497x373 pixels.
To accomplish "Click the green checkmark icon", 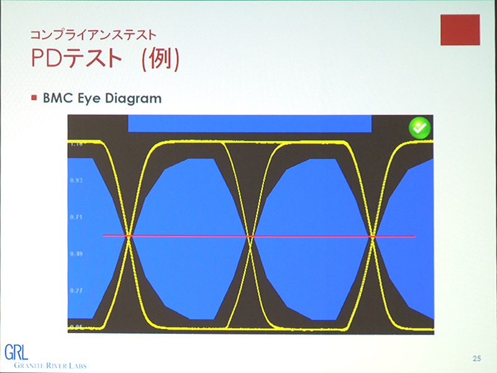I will (419, 128).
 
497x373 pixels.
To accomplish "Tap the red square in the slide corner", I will (460, 30).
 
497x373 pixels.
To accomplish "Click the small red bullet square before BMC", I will (35, 98).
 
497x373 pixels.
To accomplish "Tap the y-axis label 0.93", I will (76, 180).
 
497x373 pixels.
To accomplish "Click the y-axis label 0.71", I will (76, 217).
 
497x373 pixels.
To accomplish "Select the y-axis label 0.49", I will (76, 254).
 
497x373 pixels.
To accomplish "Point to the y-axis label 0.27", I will (76, 290).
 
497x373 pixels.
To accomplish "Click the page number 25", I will (476, 358).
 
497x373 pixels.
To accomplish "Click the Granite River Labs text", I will (45, 366).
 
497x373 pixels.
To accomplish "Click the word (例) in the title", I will (161, 58).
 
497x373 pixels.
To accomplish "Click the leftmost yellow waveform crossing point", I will (129, 236).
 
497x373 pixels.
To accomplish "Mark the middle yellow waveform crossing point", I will (251, 236).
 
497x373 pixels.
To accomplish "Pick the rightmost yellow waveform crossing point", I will (373, 236).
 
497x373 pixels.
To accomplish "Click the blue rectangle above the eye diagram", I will (249, 123).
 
